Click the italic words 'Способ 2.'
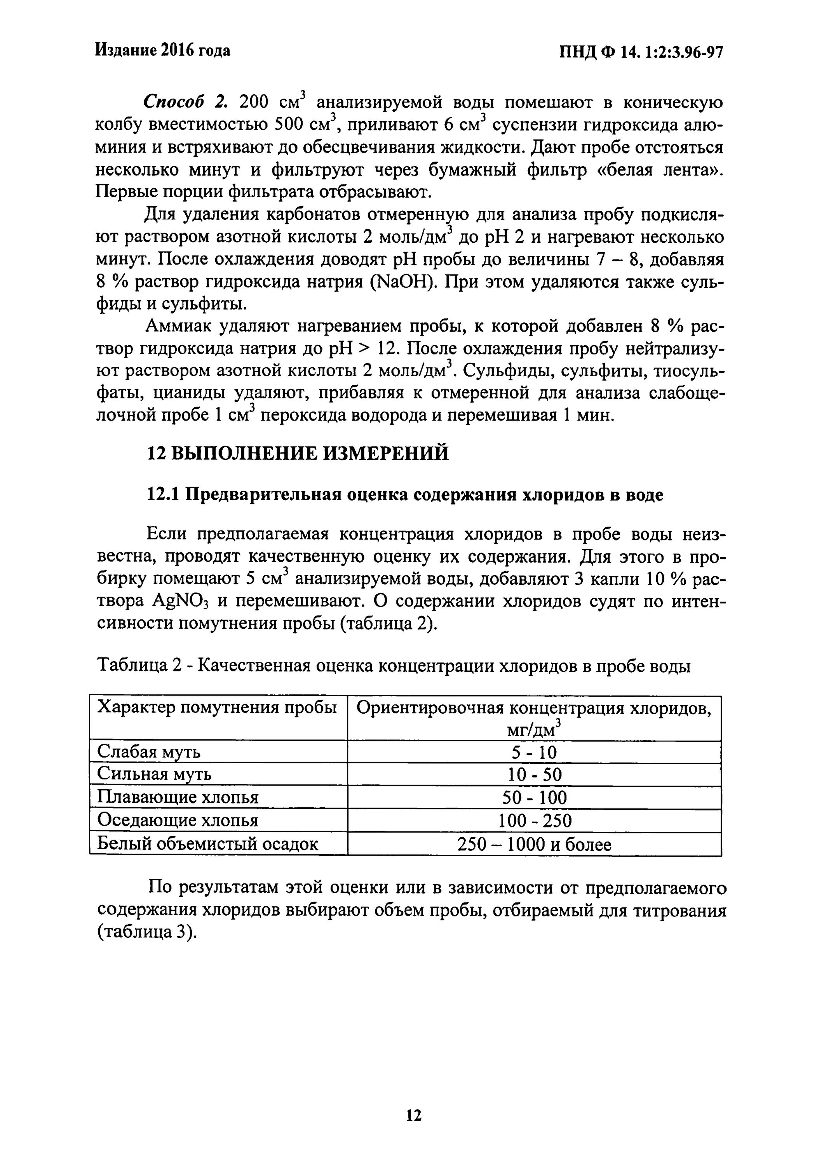(183, 102)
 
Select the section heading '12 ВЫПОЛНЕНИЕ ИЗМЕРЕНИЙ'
(298, 453)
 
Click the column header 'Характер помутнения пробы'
(217, 708)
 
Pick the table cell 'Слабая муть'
(148, 751)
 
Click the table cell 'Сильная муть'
(154, 774)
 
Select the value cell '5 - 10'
(534, 752)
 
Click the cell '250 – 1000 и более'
(534, 844)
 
